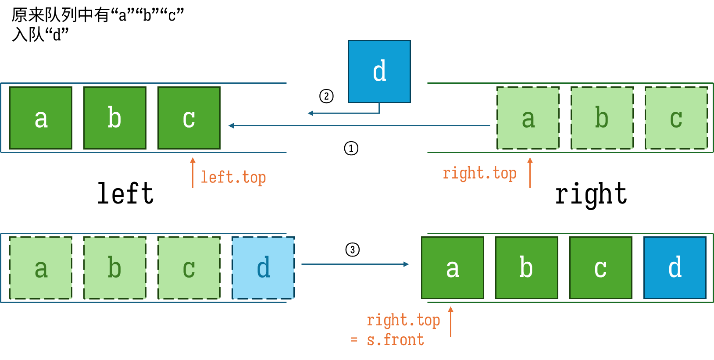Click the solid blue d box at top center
pos(379,71)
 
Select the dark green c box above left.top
pos(189,118)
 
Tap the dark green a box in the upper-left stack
pos(41,118)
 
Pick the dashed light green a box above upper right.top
pos(528,118)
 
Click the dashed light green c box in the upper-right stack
pos(676,118)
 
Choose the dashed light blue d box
pos(263,268)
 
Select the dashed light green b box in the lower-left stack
pos(115,268)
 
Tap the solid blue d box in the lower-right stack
pos(675,267)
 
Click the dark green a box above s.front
pos(453,267)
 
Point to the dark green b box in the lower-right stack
pos(527,267)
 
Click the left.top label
pos(233,178)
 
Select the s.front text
pos(396,340)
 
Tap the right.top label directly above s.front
pos(403,321)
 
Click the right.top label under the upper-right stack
pos(479,174)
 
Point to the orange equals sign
pos(354,340)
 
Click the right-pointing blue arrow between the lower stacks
pos(355,264)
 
